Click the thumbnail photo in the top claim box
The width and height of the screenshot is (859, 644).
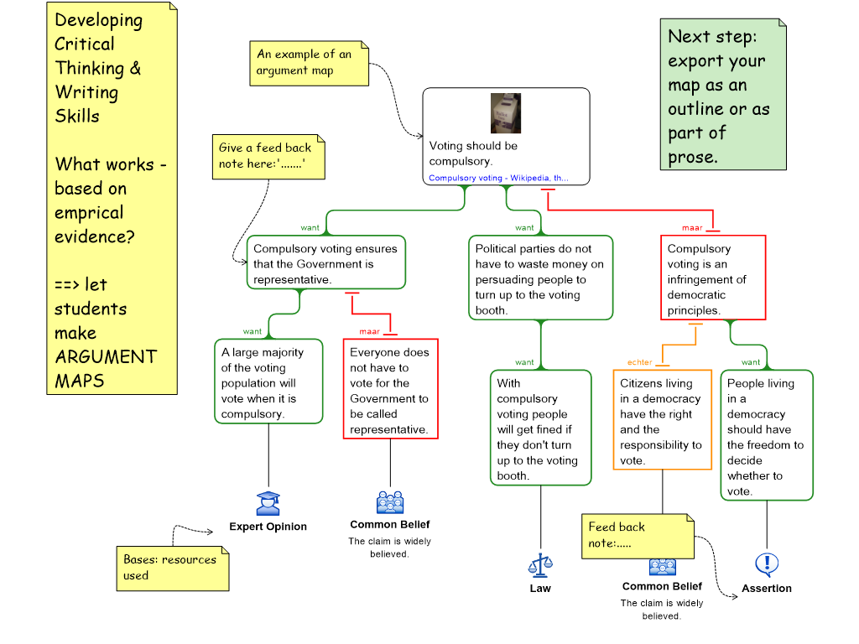coord(506,113)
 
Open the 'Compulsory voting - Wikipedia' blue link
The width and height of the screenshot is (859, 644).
coord(498,178)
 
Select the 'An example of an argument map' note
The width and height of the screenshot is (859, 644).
coord(309,63)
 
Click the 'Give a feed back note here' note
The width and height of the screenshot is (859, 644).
coord(268,157)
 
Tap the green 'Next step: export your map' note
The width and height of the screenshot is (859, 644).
coord(722,96)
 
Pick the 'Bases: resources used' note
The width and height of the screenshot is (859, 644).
coord(172,568)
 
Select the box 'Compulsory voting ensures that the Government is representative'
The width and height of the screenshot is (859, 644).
coord(325,263)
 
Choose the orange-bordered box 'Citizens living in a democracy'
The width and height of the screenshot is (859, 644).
coord(661,421)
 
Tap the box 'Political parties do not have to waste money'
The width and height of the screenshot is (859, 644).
coord(539,278)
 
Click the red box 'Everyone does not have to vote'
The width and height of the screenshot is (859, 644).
coord(390,390)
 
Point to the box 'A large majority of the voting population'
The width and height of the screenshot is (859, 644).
coord(268,382)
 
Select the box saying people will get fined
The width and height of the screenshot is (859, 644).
coord(539,428)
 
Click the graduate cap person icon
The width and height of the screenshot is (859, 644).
coord(268,503)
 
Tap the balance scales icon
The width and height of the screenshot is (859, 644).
coord(540,566)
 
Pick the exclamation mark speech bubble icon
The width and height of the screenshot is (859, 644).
coord(767,564)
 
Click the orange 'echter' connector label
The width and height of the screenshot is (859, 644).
coord(639,362)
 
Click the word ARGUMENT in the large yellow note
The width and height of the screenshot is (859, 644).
coord(106,356)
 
